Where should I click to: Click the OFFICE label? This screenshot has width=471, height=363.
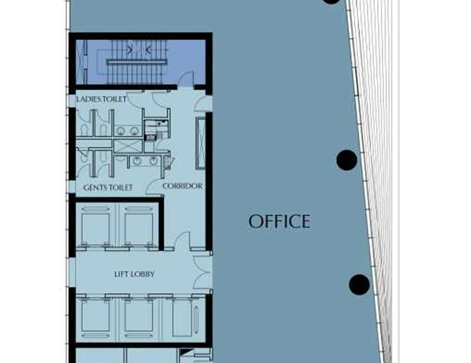coord(279,221)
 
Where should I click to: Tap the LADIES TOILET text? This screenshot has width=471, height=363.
coord(102,99)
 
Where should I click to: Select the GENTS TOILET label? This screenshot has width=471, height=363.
coord(108,187)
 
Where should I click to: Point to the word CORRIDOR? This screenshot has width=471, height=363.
coord(182,186)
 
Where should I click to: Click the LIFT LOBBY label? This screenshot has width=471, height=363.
coord(134,274)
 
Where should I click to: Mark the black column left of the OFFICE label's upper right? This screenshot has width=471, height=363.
coord(347,160)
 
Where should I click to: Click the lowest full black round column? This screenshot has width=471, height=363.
coord(359,284)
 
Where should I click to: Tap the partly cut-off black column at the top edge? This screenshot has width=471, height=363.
coord(331,1)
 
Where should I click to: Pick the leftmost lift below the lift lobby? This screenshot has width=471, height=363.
coord(95,318)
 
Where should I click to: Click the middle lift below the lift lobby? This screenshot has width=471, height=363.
coord(138,318)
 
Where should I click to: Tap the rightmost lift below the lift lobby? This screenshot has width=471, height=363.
coord(182,318)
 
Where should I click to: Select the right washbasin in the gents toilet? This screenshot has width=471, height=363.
coord(153,161)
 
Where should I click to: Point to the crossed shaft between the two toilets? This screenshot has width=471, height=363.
coord(128,147)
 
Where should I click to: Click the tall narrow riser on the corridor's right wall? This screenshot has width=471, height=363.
coord(201,143)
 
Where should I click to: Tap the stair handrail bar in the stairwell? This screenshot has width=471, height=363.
coord(137,62)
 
